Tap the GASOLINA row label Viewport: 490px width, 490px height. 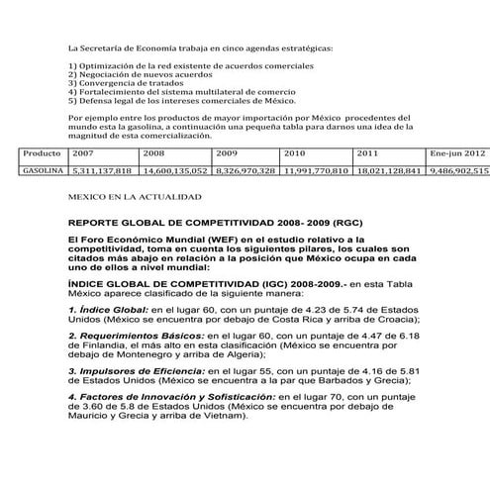42,170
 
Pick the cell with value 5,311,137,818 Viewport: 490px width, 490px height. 103,170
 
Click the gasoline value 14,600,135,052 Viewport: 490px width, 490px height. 174,170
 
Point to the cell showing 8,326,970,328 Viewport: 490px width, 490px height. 245,170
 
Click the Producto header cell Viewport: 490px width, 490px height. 43,154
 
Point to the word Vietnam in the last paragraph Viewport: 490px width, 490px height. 231,415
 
